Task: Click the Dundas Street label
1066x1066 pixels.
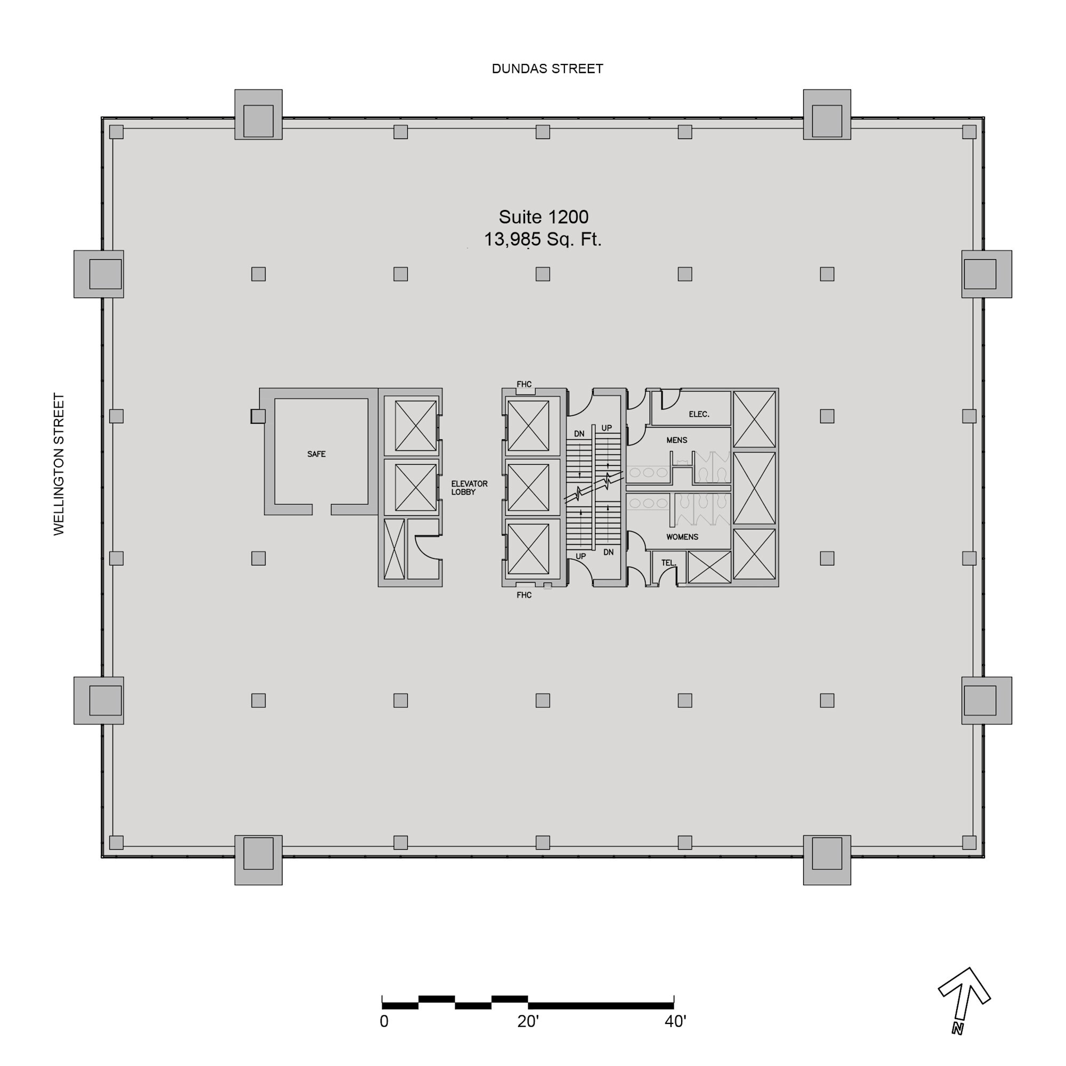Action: pos(547,68)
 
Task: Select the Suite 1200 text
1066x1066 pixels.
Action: pos(544,217)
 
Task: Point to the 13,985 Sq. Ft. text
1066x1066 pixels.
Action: pos(543,239)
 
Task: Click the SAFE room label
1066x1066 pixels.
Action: pos(316,454)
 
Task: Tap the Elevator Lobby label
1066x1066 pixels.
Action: pos(469,488)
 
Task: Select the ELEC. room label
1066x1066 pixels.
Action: pos(699,414)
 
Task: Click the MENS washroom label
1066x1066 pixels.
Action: pos(676,440)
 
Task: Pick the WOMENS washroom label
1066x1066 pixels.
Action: pos(682,537)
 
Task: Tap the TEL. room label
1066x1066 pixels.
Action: pos(668,563)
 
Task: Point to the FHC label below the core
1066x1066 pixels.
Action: pos(523,595)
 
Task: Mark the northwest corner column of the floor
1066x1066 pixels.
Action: pos(116,132)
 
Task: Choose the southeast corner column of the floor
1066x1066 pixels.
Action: pos(969,843)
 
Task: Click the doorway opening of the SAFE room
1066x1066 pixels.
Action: pos(322,509)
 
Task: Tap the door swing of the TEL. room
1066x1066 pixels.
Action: pos(670,576)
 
